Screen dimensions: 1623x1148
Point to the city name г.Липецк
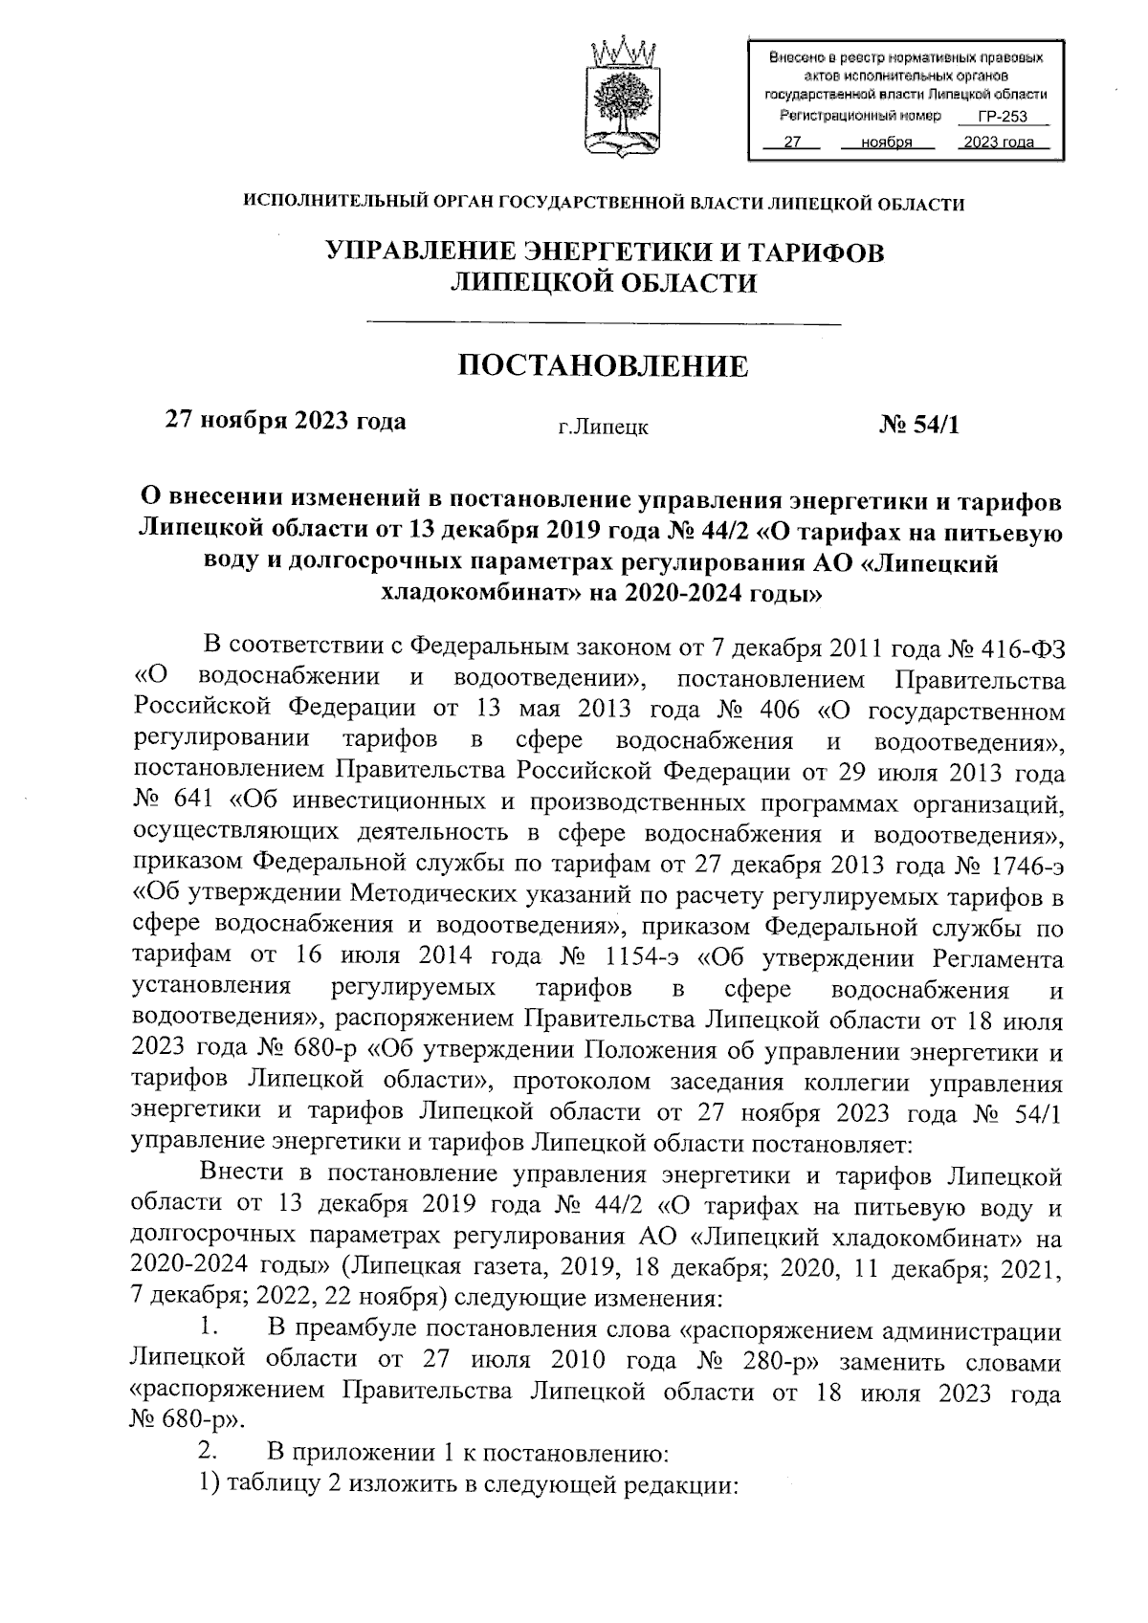tap(604, 427)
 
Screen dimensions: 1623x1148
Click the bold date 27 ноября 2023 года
tap(286, 421)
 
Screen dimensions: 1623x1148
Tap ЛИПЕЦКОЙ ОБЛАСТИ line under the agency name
tap(604, 283)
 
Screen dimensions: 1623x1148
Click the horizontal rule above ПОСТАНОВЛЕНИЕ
tap(604, 324)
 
